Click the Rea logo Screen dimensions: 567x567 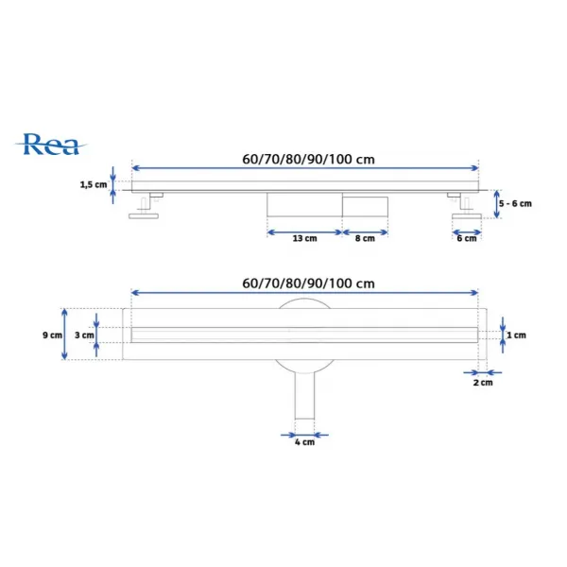click(x=51, y=145)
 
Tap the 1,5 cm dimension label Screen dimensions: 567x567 click(x=94, y=185)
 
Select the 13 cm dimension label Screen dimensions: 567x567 click(x=305, y=239)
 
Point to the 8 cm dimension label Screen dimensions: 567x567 click(x=365, y=239)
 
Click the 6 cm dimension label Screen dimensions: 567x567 click(x=467, y=239)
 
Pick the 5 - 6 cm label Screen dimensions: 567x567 click(x=515, y=203)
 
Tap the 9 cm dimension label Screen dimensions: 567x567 click(x=52, y=335)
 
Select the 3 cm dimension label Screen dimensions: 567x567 click(x=84, y=335)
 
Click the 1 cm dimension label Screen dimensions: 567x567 click(x=516, y=335)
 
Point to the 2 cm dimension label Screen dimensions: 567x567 click(x=483, y=383)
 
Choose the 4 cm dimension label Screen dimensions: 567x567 click(x=304, y=442)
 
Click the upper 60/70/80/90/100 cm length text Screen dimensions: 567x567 click(x=308, y=159)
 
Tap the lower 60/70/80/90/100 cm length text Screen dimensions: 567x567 click(x=308, y=283)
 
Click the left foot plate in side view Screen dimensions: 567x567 click(x=144, y=216)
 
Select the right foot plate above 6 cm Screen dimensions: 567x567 click(x=467, y=216)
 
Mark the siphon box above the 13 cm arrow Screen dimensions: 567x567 click(x=304, y=205)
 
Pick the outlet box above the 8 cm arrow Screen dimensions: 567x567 click(x=365, y=207)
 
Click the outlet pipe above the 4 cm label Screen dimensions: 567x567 click(x=304, y=395)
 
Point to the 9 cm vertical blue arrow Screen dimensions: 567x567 click(x=64, y=335)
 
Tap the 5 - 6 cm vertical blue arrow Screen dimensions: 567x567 click(x=497, y=204)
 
